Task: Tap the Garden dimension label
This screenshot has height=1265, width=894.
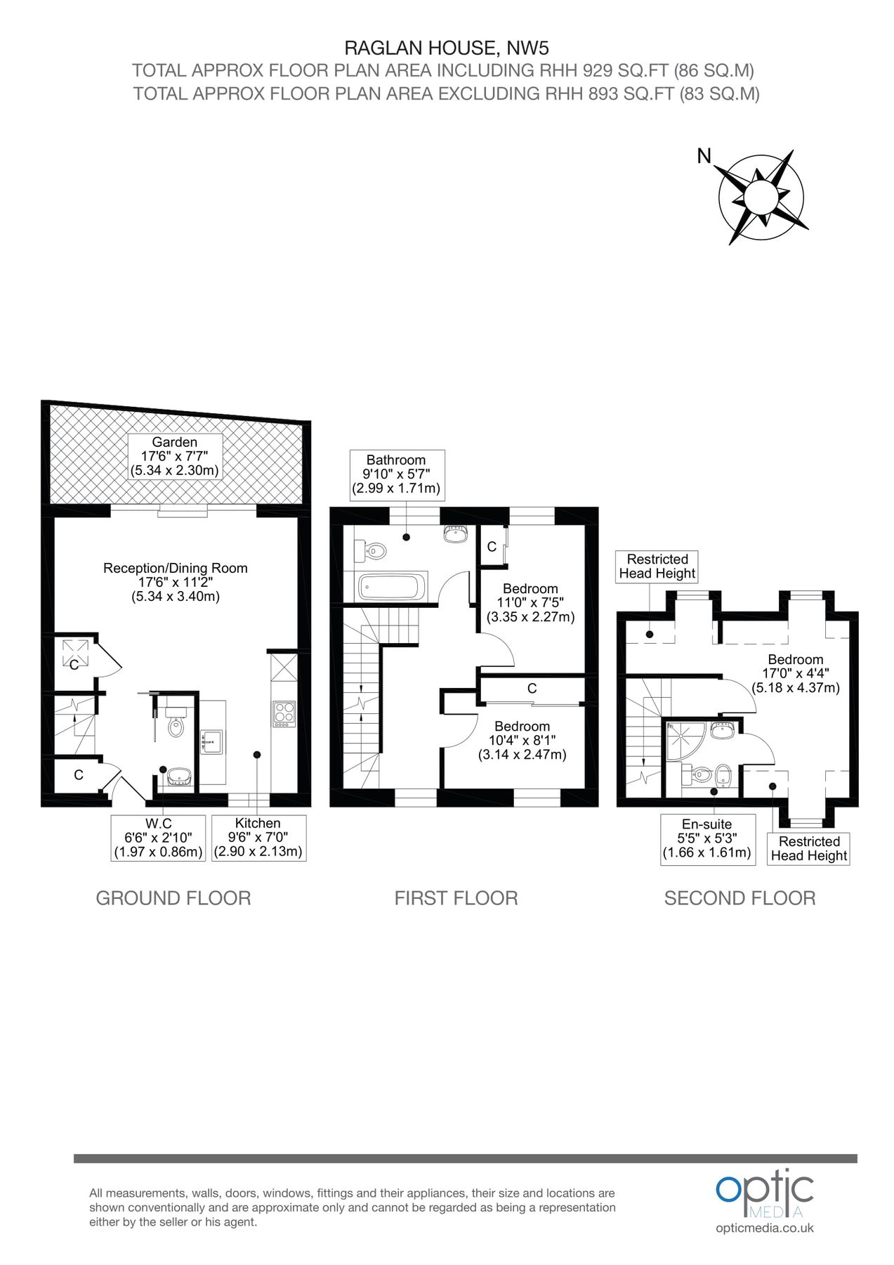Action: (x=175, y=456)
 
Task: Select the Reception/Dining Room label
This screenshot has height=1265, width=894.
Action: (x=176, y=582)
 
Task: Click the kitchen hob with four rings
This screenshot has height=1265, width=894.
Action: (x=284, y=713)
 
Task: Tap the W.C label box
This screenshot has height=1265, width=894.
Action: (x=158, y=838)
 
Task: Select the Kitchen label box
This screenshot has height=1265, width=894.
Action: (x=258, y=838)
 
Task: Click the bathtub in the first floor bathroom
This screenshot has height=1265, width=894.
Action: (x=393, y=587)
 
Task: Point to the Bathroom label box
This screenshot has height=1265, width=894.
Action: (x=396, y=474)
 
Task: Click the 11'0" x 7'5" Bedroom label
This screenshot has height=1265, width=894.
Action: (x=530, y=603)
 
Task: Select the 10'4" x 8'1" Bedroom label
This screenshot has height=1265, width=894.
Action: (x=522, y=741)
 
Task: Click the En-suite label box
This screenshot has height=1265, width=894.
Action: (x=707, y=839)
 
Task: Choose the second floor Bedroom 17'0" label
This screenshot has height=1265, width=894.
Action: (x=796, y=673)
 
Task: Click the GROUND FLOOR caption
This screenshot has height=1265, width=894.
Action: (x=173, y=898)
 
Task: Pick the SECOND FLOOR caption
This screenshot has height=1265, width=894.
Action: (x=739, y=898)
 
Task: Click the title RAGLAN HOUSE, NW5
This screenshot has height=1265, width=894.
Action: (x=447, y=48)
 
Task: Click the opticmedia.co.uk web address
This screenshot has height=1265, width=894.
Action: (x=765, y=1228)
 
